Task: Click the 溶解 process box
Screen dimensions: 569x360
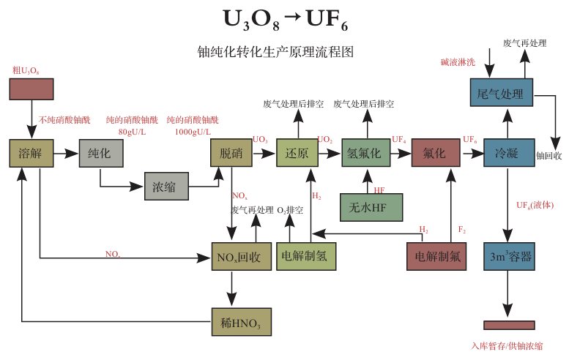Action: pos(31,154)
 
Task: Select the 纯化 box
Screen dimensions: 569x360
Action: pos(101,154)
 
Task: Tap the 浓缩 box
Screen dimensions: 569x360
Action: pos(166,187)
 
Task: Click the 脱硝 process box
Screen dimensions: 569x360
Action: pos(231,153)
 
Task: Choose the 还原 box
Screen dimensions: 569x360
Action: pos(297,153)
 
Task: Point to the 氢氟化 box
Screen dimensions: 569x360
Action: pos(366,153)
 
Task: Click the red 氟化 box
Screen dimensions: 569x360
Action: pos(436,153)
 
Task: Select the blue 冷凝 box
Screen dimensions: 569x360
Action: pos(509,153)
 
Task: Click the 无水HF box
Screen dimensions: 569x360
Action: pos(371,207)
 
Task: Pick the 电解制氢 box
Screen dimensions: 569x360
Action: pos(306,257)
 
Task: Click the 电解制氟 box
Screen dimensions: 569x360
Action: pos(436,257)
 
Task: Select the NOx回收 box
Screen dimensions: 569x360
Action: pos(242,257)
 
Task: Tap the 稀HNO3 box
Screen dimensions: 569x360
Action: pos(242,322)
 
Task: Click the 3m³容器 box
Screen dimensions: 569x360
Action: pos(509,257)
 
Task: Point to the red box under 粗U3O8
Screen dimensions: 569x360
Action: pos(31,89)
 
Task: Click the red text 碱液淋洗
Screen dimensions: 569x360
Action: pos(458,62)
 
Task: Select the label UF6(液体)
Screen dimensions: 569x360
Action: pos(535,205)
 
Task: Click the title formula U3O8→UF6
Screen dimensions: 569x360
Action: pos(285,20)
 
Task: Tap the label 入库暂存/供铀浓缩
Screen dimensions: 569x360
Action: pos(507,346)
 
